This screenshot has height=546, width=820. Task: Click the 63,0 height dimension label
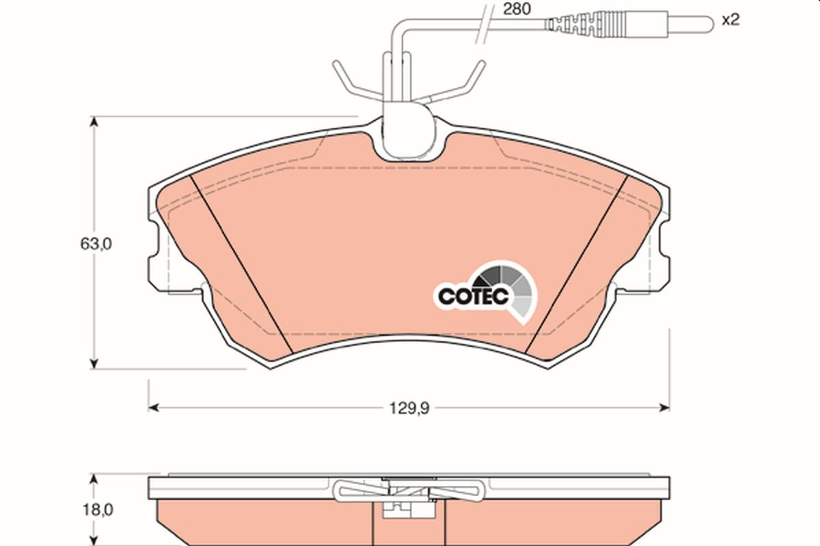[96, 244]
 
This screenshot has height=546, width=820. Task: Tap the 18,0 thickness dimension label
[97, 510]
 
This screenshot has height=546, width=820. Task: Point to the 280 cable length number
[517, 9]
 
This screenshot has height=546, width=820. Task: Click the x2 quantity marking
[730, 20]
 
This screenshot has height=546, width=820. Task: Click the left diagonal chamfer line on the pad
[242, 264]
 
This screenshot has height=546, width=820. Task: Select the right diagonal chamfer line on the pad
[577, 264]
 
